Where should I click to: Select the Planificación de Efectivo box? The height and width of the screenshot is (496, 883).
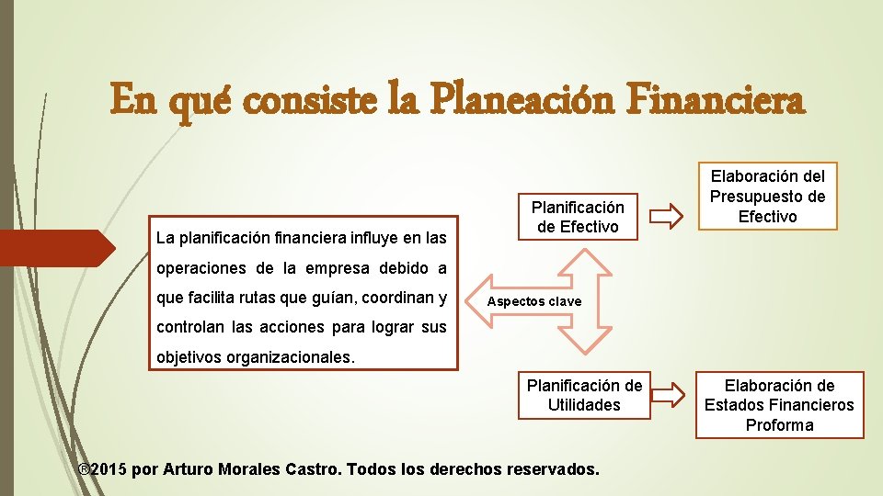pyautogui.click(x=578, y=217)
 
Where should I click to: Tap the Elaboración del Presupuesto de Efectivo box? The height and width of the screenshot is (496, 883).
pyautogui.click(x=767, y=196)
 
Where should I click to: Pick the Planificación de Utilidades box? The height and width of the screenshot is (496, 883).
pyautogui.click(x=584, y=395)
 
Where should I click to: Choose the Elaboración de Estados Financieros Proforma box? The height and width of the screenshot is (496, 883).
pyautogui.click(x=779, y=405)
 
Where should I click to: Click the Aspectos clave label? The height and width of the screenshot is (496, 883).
pyautogui.click(x=534, y=301)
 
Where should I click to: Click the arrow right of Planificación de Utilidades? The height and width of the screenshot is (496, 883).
pyautogui.click(x=669, y=394)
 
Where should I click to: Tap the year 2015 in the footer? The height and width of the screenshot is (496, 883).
pyautogui.click(x=109, y=469)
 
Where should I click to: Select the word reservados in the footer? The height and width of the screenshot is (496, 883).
pyautogui.click(x=548, y=469)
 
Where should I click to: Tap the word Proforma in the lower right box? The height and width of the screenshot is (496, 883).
pyautogui.click(x=779, y=425)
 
